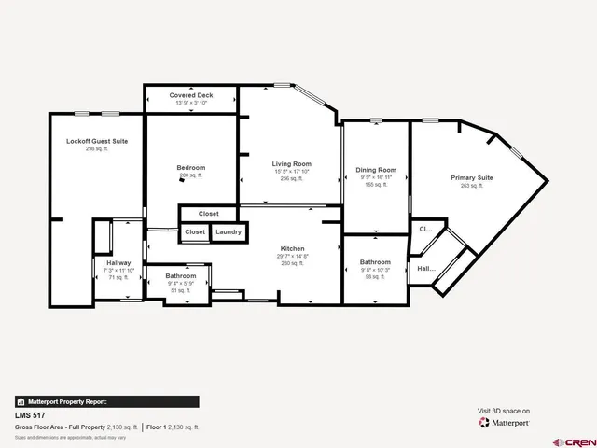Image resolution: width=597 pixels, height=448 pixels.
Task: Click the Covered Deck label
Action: [191, 95]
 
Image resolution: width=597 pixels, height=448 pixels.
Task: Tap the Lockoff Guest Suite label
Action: [97, 141]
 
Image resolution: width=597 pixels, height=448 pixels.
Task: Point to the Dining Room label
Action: [376, 170]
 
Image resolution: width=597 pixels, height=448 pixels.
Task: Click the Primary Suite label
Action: [472, 177]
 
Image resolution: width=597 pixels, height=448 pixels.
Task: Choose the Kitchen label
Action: [292, 249]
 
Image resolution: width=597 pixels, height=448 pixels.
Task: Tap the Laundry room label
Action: [229, 231]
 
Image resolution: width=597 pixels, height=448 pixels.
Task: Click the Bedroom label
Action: [191, 168]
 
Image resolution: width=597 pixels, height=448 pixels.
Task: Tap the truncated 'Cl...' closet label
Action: [425, 228]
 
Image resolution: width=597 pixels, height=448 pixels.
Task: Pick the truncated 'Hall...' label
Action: [426, 269]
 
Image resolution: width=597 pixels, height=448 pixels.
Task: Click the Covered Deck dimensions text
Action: [191, 103]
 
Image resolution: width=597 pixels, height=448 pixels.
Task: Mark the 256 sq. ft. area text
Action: [285, 179]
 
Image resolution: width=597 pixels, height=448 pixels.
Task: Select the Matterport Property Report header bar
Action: [106, 401]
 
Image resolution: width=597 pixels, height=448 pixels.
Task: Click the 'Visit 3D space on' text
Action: [504, 411]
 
